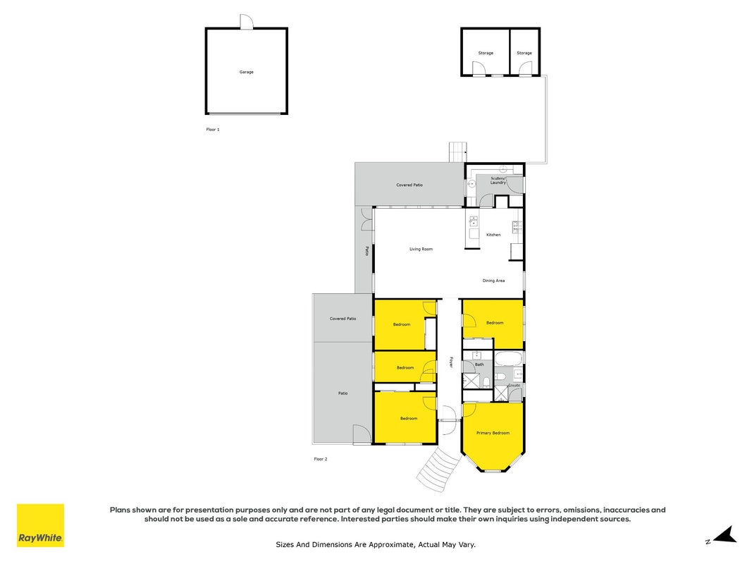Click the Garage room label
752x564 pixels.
click(x=247, y=72)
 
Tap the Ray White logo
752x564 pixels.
click(x=40, y=525)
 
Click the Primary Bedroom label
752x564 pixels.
click(x=493, y=433)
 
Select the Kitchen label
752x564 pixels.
click(x=493, y=235)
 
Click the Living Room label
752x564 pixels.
click(x=421, y=250)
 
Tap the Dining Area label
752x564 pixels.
click(x=493, y=281)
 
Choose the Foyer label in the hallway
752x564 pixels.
click(x=451, y=362)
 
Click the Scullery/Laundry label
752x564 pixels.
click(x=498, y=180)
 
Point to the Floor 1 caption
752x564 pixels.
click(x=213, y=130)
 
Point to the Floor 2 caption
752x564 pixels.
click(x=321, y=459)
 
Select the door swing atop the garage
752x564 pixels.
click(x=247, y=22)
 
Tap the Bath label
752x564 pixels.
click(x=479, y=364)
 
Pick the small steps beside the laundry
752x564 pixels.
click(x=457, y=152)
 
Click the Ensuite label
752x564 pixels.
click(x=514, y=385)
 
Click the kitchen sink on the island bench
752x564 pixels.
click(x=474, y=221)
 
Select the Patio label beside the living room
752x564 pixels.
click(x=367, y=251)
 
